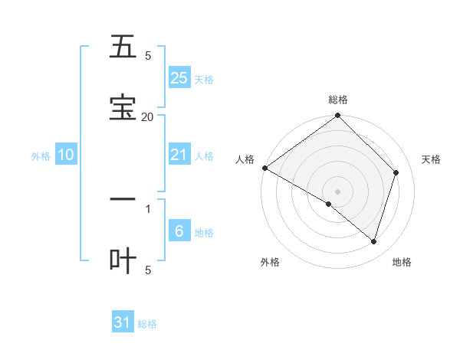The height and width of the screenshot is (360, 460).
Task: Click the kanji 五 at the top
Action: tap(123, 47)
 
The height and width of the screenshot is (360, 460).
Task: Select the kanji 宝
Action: tap(123, 107)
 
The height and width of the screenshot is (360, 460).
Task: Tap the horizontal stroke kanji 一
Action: tap(123, 200)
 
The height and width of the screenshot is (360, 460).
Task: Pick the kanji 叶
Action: tap(123, 261)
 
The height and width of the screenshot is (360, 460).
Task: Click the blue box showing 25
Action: tap(179, 77)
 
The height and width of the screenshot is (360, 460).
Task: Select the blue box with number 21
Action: tap(179, 155)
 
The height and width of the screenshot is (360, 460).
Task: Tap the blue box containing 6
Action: tap(179, 231)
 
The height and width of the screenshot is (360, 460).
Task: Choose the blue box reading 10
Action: tap(66, 155)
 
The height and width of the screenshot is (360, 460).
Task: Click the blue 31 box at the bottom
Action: tap(123, 322)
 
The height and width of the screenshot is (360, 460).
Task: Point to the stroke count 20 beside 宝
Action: tap(147, 116)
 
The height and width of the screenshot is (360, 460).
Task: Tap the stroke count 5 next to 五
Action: tap(148, 56)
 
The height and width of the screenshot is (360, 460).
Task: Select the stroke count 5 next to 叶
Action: tap(148, 270)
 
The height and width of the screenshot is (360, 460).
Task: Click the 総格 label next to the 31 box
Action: tap(147, 324)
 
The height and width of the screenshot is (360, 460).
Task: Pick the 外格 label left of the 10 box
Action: tap(41, 156)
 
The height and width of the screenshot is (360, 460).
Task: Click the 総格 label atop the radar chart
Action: tap(337, 100)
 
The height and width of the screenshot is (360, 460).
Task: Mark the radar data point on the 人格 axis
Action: tap(264, 168)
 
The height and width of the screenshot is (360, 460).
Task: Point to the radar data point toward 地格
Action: tap(373, 241)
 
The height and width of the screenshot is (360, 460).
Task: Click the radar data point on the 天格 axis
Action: tap(396, 172)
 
